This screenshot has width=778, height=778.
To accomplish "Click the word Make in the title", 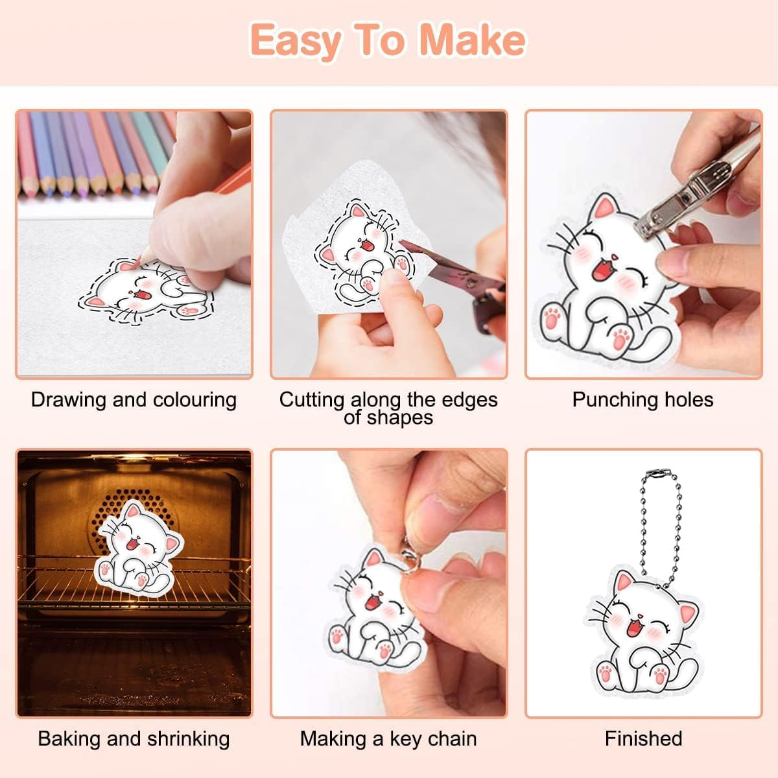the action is [473, 40].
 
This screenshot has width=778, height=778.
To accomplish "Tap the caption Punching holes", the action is [642, 400].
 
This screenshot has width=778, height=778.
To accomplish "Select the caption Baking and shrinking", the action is [134, 739].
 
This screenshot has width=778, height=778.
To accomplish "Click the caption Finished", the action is [644, 738].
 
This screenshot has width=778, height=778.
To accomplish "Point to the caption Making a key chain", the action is [388, 739].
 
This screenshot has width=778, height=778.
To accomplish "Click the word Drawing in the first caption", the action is [68, 400].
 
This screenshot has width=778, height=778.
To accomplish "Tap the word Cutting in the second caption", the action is [312, 400].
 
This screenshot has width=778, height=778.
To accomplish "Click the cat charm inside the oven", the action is [139, 548].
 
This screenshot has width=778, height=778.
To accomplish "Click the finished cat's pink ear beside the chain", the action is [624, 582].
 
